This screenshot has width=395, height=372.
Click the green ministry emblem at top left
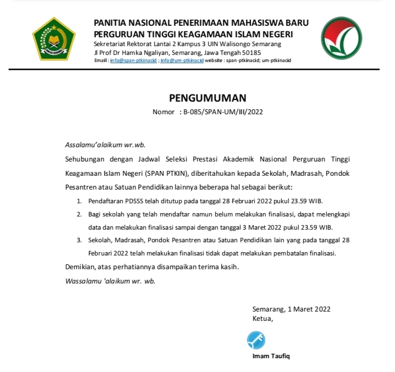coord(54,40)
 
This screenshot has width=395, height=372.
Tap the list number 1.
coord(79,201)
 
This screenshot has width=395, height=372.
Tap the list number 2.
coord(79,214)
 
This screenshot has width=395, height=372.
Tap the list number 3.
coord(79,240)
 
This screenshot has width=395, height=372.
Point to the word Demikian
coord(78,267)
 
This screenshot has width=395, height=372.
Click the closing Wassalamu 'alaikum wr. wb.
coord(110,281)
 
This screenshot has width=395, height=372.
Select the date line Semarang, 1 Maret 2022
coord(291,309)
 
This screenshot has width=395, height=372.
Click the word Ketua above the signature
coord(262,318)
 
